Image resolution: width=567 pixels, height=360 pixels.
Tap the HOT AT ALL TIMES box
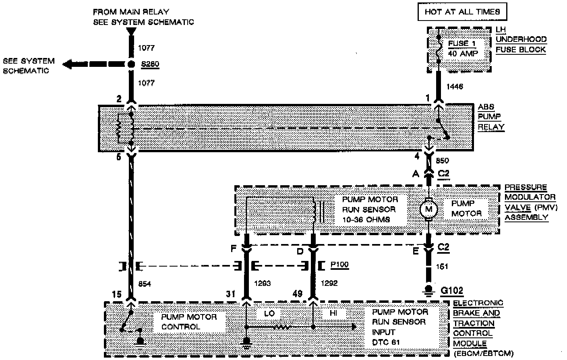[x=462, y=12]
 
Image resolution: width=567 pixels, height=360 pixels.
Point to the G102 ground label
[x=452, y=291]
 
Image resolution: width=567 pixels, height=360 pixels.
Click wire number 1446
[x=455, y=87]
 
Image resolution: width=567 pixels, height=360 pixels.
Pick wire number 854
[x=145, y=284]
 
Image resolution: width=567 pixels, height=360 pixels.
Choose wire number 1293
[x=263, y=283]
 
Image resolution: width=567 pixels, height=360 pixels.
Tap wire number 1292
[x=329, y=283]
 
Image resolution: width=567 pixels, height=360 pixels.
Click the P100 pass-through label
[x=339, y=265]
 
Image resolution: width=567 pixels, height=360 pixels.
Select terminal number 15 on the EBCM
[x=116, y=295]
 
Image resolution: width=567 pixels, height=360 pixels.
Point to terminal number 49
[x=298, y=294]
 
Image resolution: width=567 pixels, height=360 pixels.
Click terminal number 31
[x=230, y=294]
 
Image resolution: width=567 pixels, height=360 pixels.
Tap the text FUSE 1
[x=459, y=43]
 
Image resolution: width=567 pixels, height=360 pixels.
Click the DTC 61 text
[x=386, y=342]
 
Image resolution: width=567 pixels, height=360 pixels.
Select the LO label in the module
[x=269, y=313]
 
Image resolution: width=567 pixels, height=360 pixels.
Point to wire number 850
[x=443, y=161]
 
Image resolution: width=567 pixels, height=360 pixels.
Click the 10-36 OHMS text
[x=366, y=219]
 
